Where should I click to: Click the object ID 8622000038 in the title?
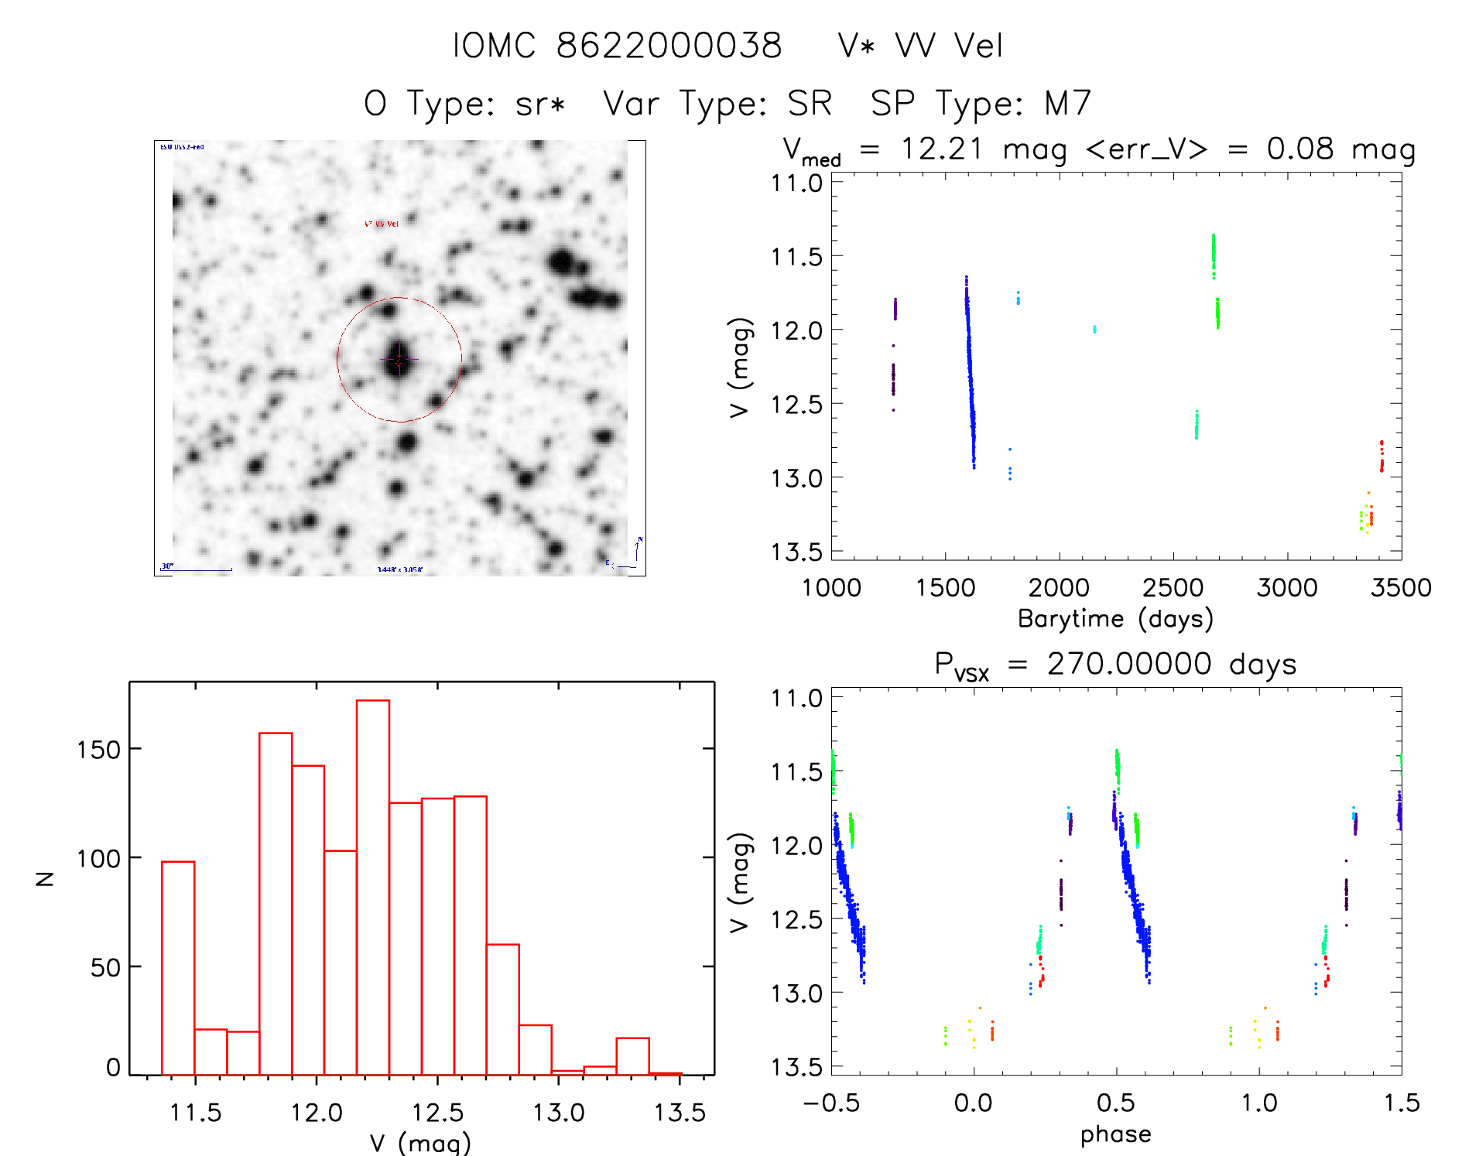(669, 46)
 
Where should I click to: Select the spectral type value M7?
(1068, 104)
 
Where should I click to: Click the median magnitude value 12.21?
(941, 149)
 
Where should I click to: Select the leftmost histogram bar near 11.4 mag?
(178, 967)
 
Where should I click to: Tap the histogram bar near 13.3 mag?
(632, 1056)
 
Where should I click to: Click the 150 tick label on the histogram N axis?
(99, 750)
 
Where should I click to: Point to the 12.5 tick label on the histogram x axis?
(437, 1113)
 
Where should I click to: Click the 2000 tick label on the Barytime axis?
(1059, 587)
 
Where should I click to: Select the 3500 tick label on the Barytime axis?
(1401, 587)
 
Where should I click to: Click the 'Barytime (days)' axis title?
(1115, 618)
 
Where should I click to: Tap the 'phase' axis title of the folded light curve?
(1115, 1134)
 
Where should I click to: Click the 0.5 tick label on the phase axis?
(1116, 1103)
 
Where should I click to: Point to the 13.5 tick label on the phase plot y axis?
(796, 1067)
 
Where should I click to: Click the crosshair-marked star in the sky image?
(399, 360)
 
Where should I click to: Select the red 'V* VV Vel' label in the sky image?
(382, 224)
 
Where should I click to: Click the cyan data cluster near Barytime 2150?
(1094, 330)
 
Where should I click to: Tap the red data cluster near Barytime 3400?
(1382, 456)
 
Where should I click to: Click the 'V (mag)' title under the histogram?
(420, 1143)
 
